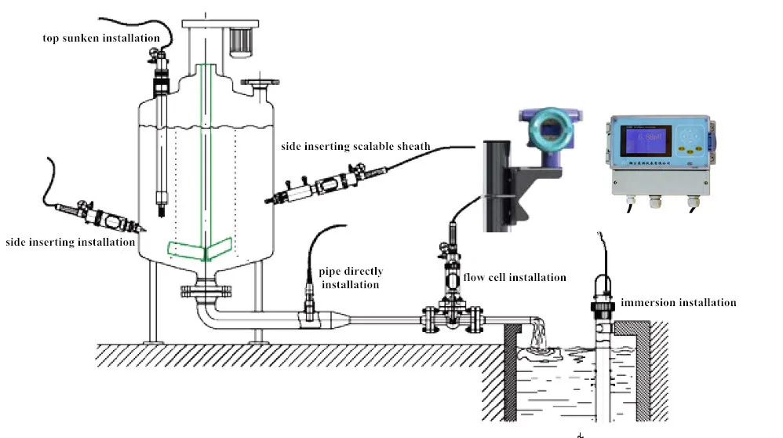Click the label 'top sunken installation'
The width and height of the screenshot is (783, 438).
coord(102,38)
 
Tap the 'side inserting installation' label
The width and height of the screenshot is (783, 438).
coord(70,243)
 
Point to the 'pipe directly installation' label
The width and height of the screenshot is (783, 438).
coord(351,278)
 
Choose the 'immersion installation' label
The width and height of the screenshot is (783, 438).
coord(679,302)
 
